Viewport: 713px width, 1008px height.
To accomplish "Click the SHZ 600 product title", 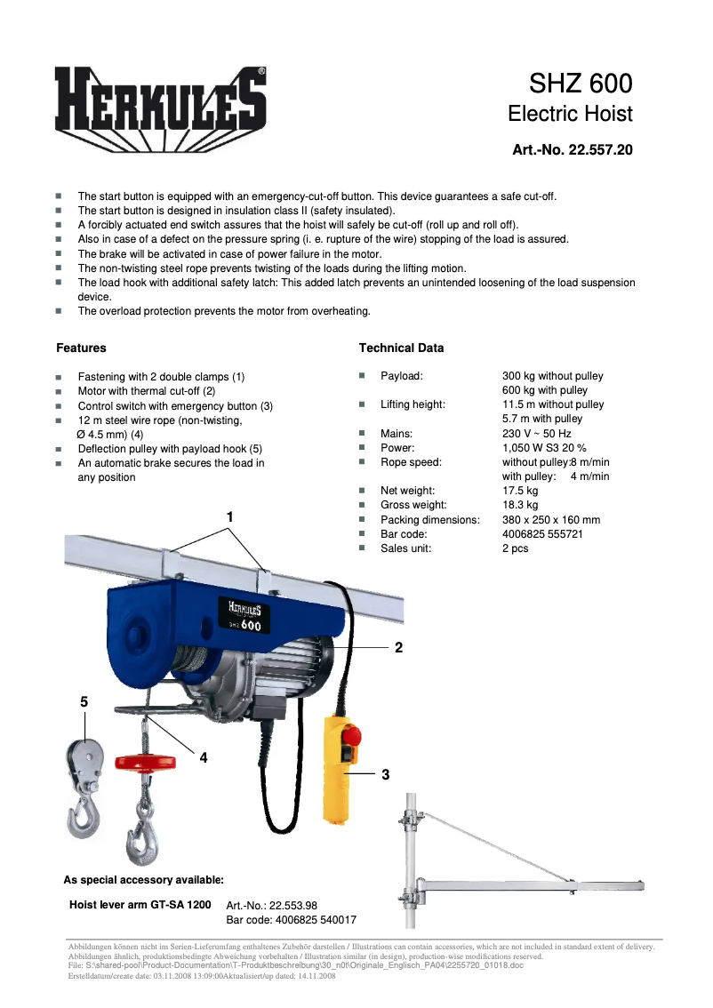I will [581, 84].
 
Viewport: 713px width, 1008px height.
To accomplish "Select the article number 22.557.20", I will [573, 150].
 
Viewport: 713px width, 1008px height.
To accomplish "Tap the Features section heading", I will [81, 348].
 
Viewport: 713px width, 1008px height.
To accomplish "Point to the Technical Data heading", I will [401, 348].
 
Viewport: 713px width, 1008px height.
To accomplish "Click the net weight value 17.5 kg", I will [520, 491].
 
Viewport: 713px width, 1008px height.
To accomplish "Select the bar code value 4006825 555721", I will [542, 534].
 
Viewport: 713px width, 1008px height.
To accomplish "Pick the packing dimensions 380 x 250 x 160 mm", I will [550, 520].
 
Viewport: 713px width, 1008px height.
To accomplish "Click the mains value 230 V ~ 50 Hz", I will [536, 434].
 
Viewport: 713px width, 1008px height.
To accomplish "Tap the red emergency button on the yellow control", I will [349, 737].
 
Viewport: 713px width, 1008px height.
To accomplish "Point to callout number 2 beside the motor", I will [399, 648].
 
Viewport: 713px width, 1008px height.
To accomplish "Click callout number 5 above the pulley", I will [84, 701].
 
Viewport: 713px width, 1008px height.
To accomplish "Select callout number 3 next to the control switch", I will [385, 775].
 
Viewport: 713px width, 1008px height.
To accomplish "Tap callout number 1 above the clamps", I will [229, 516].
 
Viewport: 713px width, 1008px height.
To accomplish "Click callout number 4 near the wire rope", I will [204, 757].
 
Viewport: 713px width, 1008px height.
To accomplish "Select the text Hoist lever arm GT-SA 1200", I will [140, 904].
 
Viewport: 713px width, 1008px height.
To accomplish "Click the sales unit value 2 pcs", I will [515, 548].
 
